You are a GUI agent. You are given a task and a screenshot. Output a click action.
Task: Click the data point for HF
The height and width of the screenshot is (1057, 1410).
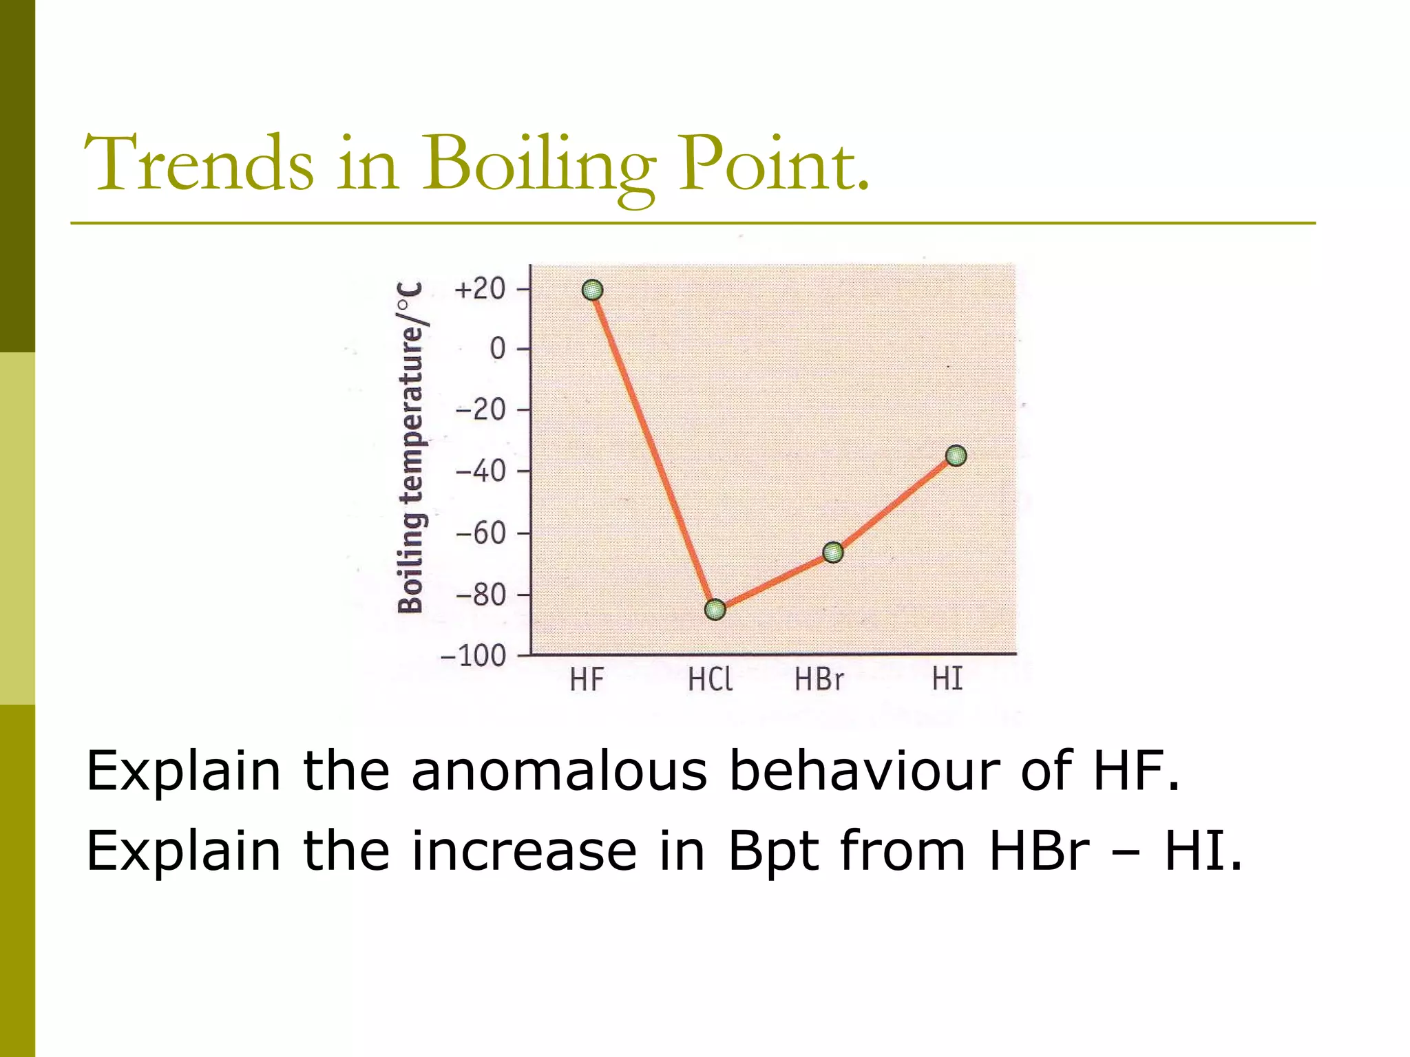click(592, 290)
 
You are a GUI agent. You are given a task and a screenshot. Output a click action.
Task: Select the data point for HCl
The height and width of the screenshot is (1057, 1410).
click(715, 610)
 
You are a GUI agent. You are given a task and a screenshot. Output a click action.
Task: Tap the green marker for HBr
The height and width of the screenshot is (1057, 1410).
click(833, 552)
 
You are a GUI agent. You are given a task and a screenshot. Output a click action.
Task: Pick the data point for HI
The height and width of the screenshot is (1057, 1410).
click(956, 456)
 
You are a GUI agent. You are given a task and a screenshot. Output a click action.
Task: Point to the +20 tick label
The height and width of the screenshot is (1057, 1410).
click(481, 289)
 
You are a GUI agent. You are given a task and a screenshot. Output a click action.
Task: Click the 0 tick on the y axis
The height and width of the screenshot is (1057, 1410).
click(497, 350)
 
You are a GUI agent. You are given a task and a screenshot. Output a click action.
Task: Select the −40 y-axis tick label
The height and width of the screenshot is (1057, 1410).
click(481, 472)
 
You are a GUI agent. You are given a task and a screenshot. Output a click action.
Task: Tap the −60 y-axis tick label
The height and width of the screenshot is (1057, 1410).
click(481, 533)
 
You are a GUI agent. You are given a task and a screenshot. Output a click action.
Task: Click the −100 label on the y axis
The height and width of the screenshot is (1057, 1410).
click(474, 656)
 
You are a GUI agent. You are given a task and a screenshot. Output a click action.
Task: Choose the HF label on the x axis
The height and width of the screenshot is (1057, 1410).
click(587, 681)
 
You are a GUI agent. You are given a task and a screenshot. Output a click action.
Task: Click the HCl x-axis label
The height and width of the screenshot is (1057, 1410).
click(710, 681)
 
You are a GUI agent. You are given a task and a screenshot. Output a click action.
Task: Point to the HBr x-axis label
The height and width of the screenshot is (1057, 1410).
click(819, 681)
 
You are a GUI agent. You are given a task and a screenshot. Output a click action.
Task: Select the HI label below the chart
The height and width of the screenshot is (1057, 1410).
click(947, 680)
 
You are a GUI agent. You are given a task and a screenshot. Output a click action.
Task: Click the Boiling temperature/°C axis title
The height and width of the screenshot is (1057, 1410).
click(411, 447)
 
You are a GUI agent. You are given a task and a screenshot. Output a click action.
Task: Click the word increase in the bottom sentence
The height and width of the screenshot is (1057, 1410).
click(524, 851)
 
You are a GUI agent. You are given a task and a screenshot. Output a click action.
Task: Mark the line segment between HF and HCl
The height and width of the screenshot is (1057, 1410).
click(654, 450)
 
